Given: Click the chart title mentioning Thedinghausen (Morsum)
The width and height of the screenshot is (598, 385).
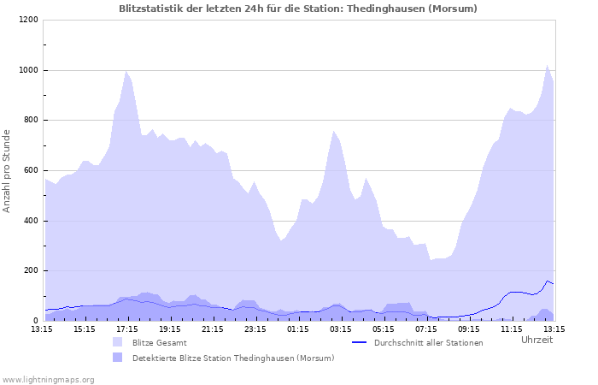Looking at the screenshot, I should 298,9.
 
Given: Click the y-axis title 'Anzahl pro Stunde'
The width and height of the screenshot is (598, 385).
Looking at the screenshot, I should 7,170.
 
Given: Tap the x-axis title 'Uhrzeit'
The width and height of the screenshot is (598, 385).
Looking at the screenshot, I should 536,340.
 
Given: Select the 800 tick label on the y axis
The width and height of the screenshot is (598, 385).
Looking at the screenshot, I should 30,120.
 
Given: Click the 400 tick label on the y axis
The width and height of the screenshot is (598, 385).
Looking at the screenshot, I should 30,221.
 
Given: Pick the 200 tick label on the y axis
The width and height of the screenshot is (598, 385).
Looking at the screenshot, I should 30,270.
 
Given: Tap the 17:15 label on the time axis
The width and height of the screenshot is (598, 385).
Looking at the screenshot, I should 126,328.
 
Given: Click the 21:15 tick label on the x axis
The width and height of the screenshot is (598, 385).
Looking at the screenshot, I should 212,328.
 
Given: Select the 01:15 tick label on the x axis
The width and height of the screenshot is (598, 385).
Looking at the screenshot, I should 297,328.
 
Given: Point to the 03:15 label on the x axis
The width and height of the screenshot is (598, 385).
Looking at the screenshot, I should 340,328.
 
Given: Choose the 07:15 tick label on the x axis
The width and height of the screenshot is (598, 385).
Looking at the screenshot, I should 425,328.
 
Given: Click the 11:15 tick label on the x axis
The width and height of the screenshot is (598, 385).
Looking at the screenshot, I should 511,328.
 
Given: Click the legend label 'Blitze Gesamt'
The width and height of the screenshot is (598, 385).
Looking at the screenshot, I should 159,342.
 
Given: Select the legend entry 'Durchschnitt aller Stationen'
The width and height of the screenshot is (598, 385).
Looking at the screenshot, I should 429,342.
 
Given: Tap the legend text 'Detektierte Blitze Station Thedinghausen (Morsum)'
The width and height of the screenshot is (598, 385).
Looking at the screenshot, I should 233,358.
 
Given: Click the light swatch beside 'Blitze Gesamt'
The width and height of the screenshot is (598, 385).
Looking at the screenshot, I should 117,342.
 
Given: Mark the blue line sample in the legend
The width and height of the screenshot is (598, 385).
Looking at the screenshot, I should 359,342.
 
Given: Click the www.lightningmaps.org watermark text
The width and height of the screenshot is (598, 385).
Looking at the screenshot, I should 48,379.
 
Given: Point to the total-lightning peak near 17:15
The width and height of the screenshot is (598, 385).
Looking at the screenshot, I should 126,72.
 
